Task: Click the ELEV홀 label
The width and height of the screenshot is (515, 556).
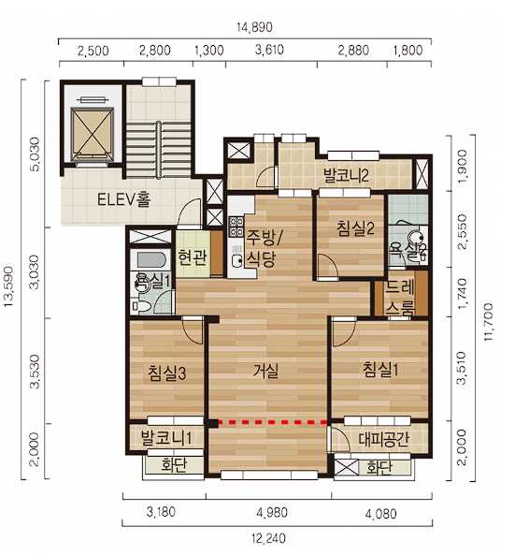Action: (124, 199)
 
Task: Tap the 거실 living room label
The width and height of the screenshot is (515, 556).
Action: (266, 371)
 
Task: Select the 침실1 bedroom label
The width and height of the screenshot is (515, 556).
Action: (380, 370)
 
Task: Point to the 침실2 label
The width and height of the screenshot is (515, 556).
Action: (355, 228)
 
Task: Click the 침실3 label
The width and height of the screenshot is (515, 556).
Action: (166, 373)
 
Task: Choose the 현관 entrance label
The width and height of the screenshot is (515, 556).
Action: (192, 257)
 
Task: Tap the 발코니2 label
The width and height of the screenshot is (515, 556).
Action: (346, 175)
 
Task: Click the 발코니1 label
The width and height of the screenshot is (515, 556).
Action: (166, 437)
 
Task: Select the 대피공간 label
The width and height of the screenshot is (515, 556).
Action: (383, 439)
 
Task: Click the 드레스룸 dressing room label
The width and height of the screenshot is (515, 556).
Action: (399, 297)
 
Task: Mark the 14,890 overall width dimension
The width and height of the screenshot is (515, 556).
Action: (254, 27)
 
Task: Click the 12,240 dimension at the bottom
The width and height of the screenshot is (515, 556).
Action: (269, 538)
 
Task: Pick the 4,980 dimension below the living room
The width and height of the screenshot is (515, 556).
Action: (272, 513)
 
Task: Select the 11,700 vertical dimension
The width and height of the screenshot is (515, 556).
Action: (489, 322)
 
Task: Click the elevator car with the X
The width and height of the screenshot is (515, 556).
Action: (92, 135)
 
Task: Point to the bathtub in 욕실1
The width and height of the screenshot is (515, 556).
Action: (151, 260)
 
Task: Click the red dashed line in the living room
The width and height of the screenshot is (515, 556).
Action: (272, 422)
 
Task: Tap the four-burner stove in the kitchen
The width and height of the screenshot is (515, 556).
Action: (236, 227)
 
